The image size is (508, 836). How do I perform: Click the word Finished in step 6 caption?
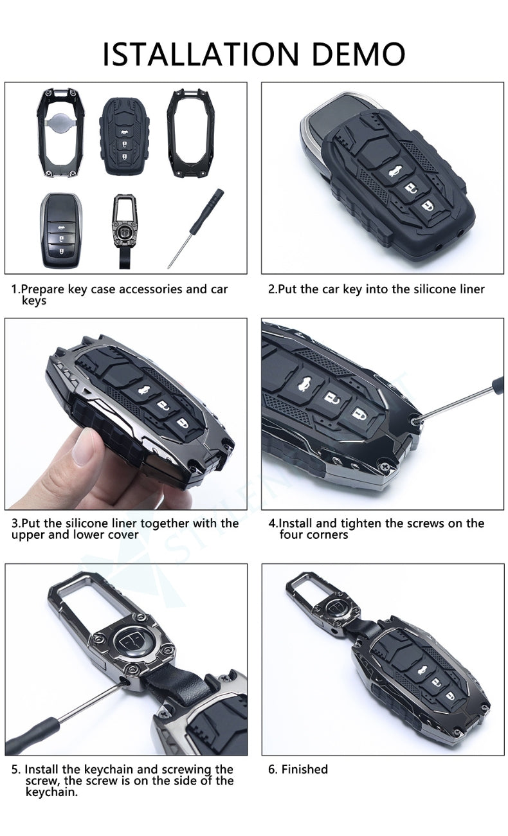click(304, 769)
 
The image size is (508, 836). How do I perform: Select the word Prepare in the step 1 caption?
click(48, 289)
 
